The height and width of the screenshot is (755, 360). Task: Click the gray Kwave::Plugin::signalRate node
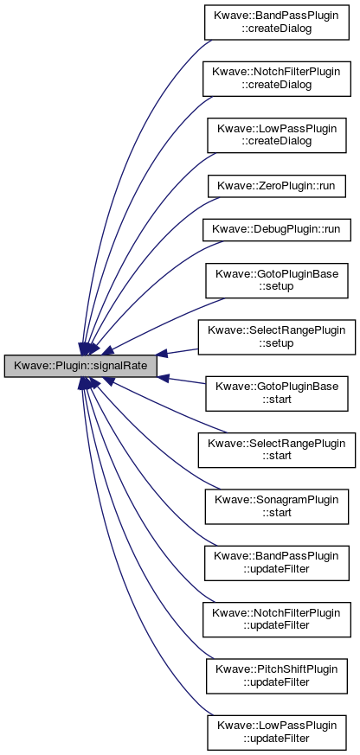click(81, 366)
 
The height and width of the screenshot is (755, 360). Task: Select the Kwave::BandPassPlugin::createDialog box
click(277, 22)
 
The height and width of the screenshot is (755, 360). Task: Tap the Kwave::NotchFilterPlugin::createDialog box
click(277, 79)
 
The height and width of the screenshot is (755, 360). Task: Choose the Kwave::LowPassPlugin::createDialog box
click(277, 135)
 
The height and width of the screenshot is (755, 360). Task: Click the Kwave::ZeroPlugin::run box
click(277, 185)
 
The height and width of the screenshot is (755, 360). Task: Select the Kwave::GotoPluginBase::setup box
click(277, 280)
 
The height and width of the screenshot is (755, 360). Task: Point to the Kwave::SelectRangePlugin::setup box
click(277, 337)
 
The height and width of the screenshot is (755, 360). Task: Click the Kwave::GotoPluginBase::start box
click(277, 393)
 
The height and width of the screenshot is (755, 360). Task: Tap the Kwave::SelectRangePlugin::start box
click(277, 450)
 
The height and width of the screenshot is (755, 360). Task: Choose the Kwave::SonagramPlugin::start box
click(277, 507)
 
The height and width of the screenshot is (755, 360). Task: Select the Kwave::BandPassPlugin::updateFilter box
click(277, 563)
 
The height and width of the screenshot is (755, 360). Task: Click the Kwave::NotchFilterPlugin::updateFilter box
click(277, 619)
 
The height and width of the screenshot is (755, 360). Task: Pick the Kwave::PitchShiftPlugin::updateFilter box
click(277, 676)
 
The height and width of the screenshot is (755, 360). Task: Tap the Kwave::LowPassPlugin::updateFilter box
click(277, 733)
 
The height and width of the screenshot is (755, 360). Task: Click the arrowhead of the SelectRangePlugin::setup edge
click(163, 355)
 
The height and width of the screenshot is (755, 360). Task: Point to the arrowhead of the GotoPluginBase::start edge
click(163, 377)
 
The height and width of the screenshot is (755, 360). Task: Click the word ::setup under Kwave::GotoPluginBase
click(277, 286)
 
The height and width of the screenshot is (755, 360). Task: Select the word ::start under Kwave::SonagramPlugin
click(277, 512)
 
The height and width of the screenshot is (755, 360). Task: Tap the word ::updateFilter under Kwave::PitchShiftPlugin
click(277, 682)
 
